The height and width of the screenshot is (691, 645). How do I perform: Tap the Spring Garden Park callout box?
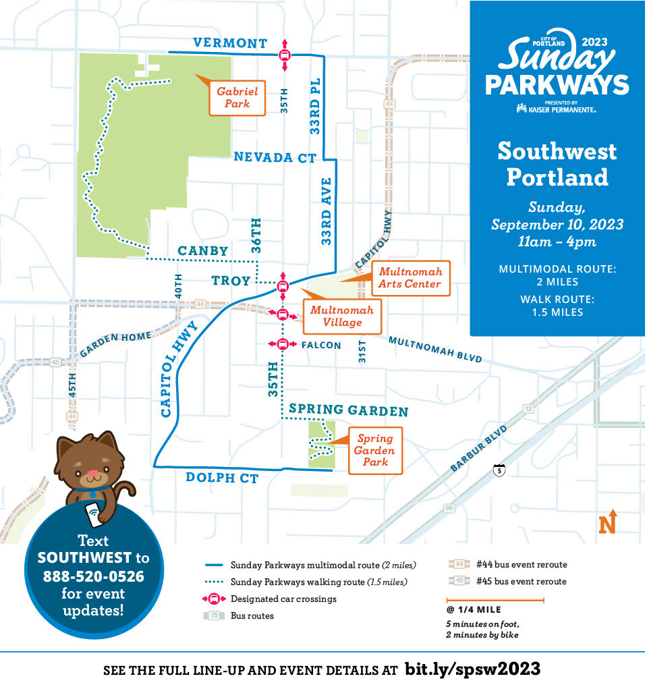coord(375,450)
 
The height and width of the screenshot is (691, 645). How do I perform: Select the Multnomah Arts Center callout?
coord(410,277)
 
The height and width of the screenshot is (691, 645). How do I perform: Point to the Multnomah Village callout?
coord(341,316)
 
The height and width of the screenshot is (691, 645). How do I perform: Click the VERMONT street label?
coord(230,43)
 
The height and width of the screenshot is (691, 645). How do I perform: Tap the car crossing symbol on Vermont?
coord(285,56)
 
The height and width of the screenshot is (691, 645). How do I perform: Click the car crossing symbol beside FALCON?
coord(283,344)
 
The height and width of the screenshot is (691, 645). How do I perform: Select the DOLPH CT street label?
coord(222,478)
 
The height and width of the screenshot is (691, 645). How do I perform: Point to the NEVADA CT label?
coord(275,157)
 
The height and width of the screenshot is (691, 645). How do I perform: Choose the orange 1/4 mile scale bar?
coord(495,599)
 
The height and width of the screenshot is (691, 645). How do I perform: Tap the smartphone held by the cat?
coord(93,516)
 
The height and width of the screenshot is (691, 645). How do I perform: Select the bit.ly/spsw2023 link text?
coord(472,669)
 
